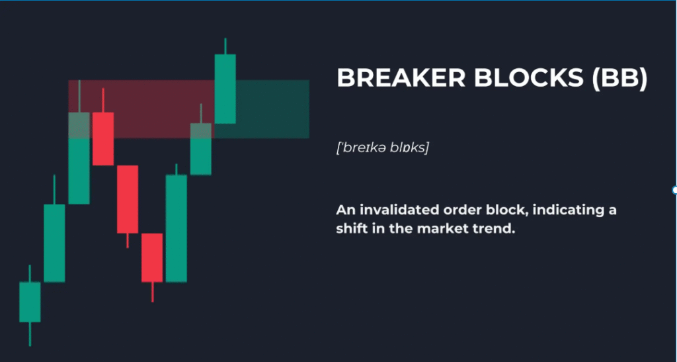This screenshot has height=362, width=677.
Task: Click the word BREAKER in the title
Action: pyautogui.click(x=401, y=78)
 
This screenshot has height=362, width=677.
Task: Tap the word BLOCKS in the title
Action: pyautogui.click(x=529, y=78)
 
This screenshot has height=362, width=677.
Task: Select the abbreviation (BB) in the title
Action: pyautogui.click(x=620, y=79)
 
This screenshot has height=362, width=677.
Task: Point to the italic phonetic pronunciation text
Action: pyautogui.click(x=383, y=148)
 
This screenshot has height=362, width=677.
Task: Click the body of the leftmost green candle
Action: pyautogui.click(x=30, y=302)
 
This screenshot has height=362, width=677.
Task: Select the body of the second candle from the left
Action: pyautogui.click(x=54, y=243)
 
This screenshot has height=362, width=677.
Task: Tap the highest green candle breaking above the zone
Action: pyautogui.click(x=225, y=89)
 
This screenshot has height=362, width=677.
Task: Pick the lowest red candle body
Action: pyautogui.click(x=152, y=258)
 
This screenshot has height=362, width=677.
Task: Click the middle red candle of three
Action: pyautogui.click(x=128, y=199)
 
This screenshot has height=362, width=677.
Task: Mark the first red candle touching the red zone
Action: pyautogui.click(x=103, y=139)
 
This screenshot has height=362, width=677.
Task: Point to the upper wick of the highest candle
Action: pyautogui.click(x=225, y=46)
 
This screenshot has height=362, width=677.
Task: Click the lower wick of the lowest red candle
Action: pyautogui.click(x=153, y=292)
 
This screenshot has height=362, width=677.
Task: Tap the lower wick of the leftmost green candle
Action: pyautogui.click(x=30, y=334)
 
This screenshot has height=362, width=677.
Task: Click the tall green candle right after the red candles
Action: pyautogui.click(x=177, y=228)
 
